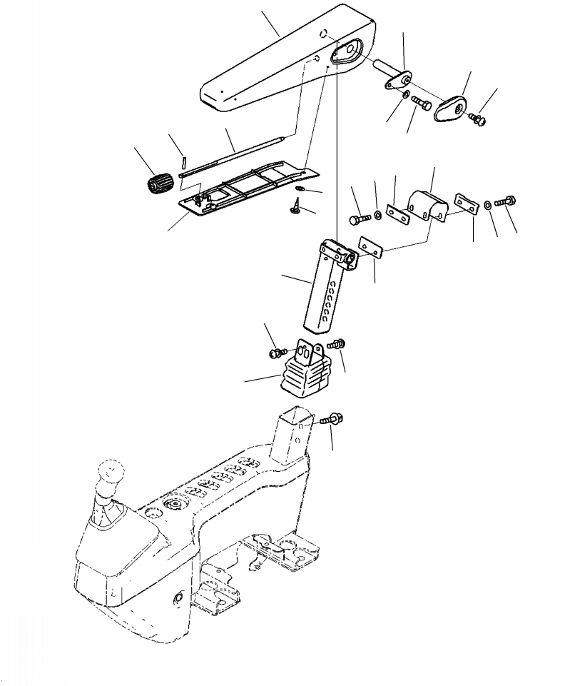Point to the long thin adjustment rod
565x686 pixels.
coord(235,152)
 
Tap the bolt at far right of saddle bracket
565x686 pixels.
coord(508,201)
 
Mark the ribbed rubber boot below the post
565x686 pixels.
coord(305,375)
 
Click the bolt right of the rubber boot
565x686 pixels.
coord(337,344)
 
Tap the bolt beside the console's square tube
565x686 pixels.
coord(329,419)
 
